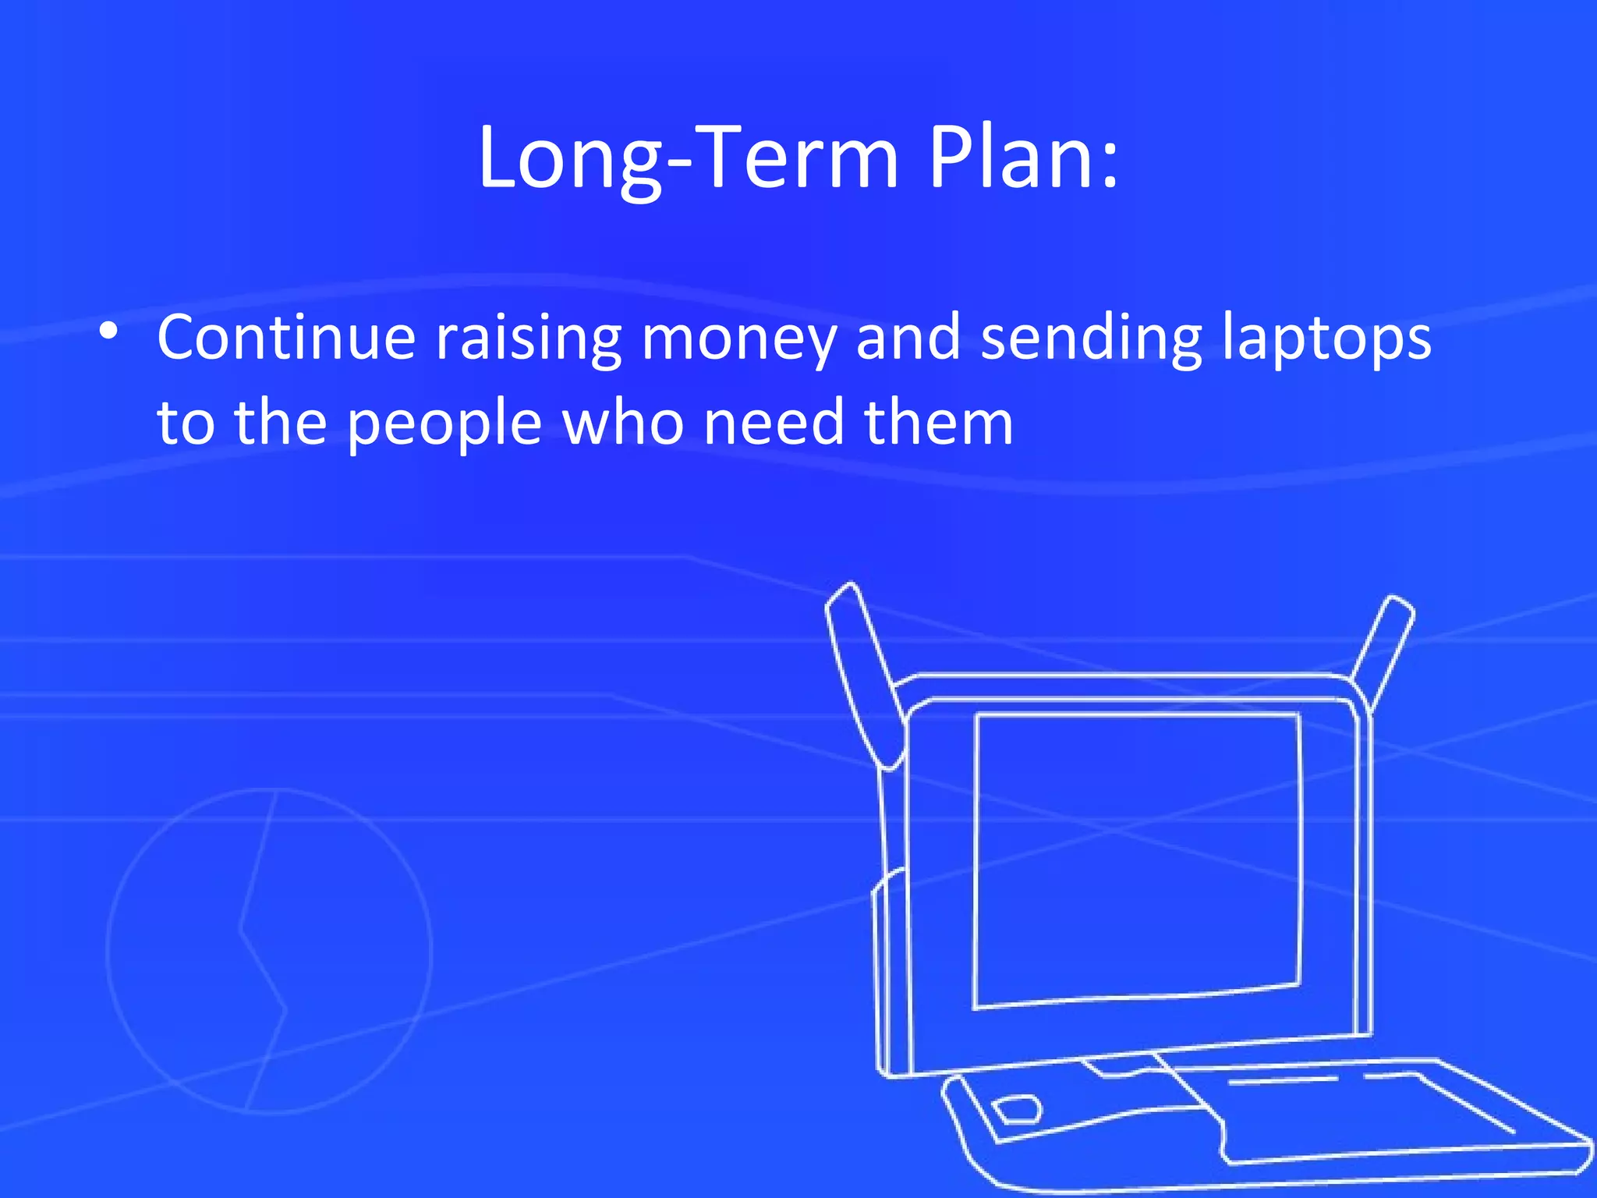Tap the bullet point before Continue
[x=109, y=332]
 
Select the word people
[x=444, y=424]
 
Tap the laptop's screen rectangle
[x=1137, y=858]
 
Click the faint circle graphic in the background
[x=269, y=952]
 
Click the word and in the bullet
[x=908, y=338]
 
